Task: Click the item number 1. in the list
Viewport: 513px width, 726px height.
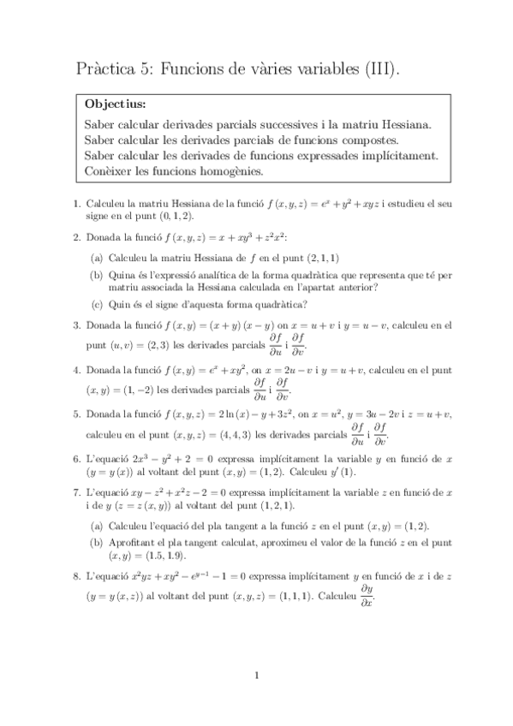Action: click(x=76, y=204)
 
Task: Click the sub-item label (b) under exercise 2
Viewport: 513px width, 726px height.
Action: click(x=96, y=275)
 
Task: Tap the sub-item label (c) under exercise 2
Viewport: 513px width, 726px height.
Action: click(x=96, y=306)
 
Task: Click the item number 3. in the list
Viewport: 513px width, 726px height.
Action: click(x=76, y=325)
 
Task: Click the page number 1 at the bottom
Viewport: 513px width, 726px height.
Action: click(x=257, y=675)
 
